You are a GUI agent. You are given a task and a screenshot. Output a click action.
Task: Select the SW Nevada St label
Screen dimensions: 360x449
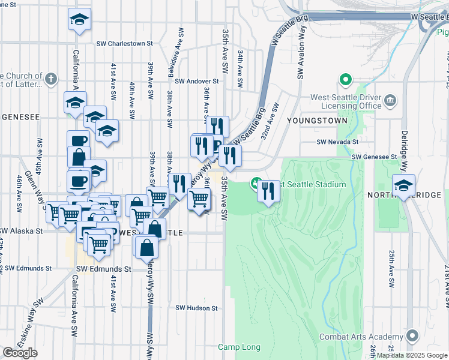click(338, 142)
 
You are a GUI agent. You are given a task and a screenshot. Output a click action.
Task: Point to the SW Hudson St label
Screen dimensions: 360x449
click(196, 308)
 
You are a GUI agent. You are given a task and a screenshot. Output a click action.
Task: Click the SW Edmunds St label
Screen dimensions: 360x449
click(104, 269)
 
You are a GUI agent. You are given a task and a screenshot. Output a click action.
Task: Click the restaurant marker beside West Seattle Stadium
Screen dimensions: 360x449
click(268, 191)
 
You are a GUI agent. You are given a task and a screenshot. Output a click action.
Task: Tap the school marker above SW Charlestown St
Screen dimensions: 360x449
click(79, 20)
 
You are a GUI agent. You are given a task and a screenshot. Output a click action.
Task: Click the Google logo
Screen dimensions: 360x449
click(20, 352)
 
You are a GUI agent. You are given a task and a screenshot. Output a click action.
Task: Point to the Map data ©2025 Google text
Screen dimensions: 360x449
click(412, 355)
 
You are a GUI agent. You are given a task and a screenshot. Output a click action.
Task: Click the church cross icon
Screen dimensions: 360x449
click(51, 79)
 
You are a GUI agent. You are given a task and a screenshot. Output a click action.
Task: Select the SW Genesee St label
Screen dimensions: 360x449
click(375, 157)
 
